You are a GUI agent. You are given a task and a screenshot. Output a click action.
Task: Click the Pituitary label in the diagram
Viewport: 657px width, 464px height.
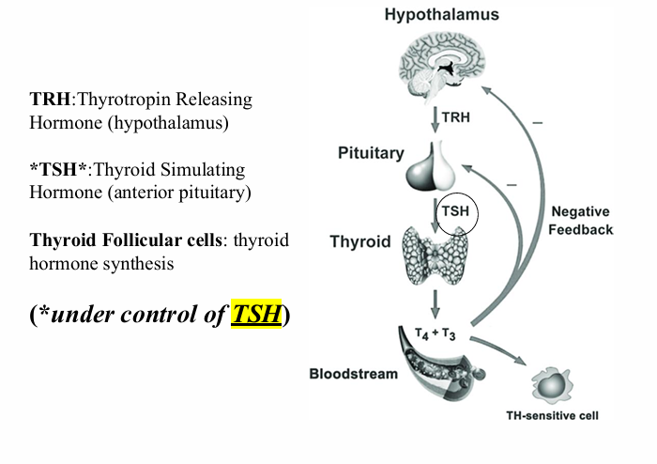[371, 153]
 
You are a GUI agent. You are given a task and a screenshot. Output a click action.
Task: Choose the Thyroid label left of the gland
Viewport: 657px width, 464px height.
[359, 241]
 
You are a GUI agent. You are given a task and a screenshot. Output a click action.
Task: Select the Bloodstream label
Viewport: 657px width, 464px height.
[353, 374]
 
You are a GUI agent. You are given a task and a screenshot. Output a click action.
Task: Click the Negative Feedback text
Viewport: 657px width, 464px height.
[582, 221]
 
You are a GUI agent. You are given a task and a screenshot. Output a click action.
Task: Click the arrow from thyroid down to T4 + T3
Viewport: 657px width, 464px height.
[435, 302]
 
